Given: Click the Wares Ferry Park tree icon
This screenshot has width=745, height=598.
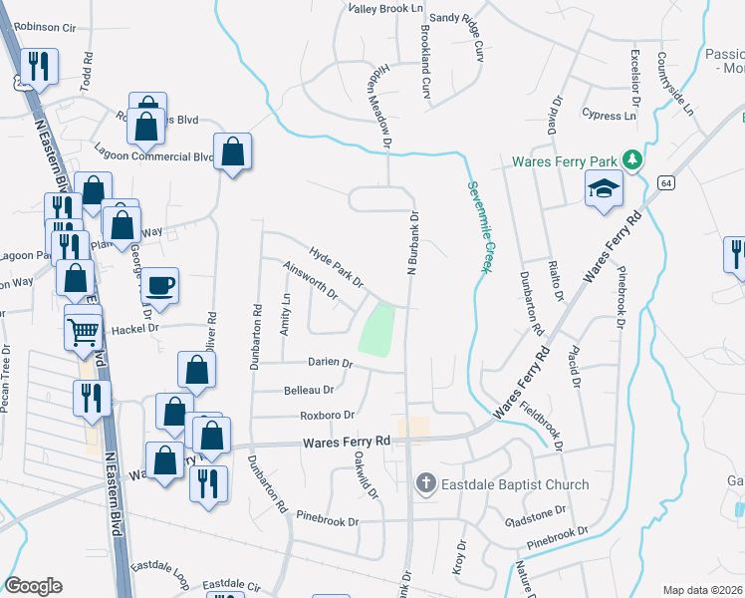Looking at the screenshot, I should pos(630,160).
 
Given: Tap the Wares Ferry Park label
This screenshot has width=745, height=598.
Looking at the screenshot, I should pos(565,161).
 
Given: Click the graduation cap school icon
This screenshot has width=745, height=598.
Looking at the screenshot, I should pos(604,188).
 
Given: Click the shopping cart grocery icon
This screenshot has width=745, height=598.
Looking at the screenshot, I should pos(84,328).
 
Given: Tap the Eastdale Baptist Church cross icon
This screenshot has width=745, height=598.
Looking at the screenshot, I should pos(424,484).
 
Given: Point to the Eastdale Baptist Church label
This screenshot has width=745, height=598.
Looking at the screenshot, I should pos(514,485).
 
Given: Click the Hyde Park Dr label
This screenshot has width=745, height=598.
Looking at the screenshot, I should pos(337,266).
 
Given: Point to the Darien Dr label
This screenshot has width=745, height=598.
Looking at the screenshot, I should pos(331,364).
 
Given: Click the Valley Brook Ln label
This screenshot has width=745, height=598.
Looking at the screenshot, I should pos(385,8).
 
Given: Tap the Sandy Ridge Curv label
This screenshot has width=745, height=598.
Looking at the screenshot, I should pos(463,31).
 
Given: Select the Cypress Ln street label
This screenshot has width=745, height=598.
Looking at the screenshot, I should pos(609,116).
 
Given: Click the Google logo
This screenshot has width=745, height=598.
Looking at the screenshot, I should pos(33,586).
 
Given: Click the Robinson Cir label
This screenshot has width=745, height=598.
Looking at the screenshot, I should pos(46,28).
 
